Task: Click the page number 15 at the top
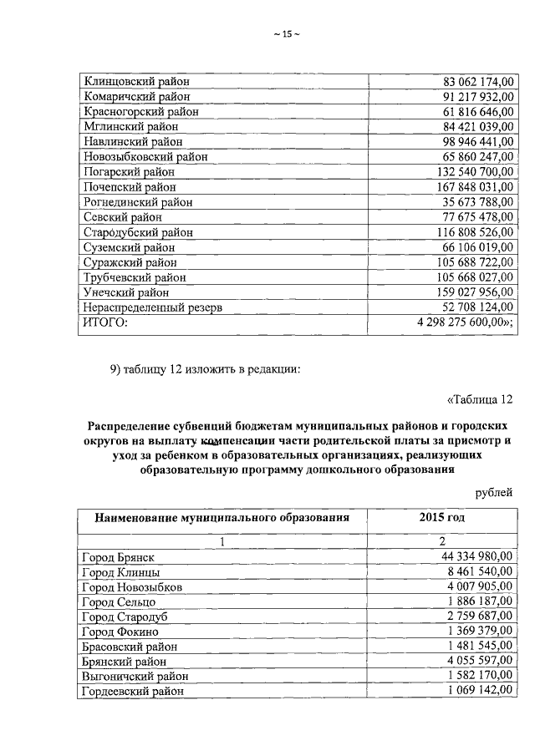[285, 34]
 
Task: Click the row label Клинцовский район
[136, 81]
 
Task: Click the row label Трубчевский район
[134, 277]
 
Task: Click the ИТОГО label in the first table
[104, 323]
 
